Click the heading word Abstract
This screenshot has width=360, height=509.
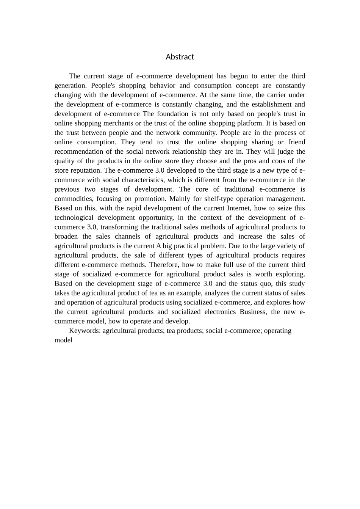(x=180, y=57)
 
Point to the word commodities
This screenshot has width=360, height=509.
(x=74, y=199)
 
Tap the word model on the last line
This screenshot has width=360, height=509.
(x=63, y=340)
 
